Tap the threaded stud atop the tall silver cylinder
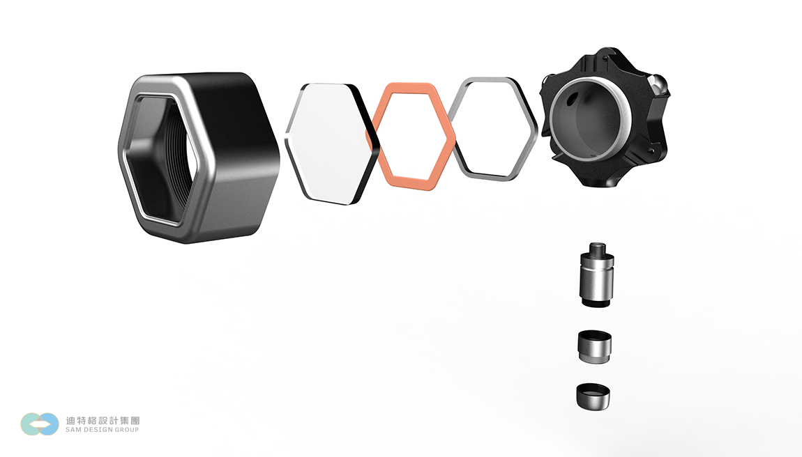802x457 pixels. click(597, 251)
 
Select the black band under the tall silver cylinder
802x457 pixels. click(596, 303)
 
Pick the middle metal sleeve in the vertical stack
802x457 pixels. click(595, 347)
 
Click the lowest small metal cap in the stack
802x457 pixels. click(593, 396)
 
